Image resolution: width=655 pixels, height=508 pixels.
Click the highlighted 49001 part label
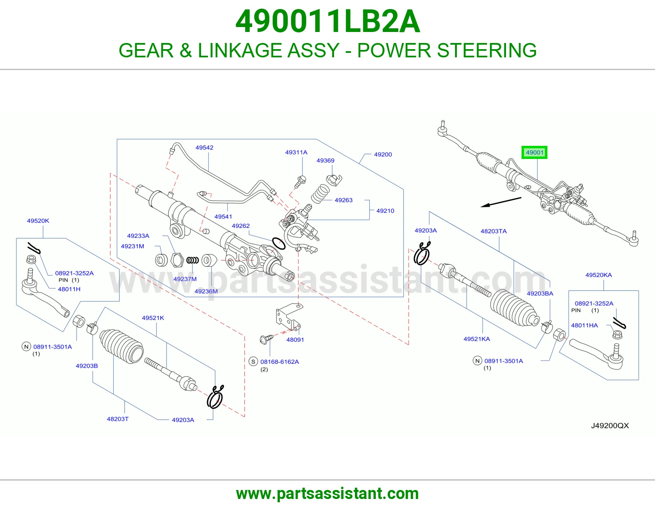click(534, 152)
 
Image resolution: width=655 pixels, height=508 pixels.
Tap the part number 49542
click(204, 147)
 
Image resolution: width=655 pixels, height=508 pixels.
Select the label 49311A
click(296, 152)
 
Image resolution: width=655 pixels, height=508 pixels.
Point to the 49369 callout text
click(325, 161)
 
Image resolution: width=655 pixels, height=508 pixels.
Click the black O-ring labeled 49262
click(278, 243)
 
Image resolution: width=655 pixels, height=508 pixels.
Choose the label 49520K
click(38, 220)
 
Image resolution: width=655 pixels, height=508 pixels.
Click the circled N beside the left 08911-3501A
click(26, 347)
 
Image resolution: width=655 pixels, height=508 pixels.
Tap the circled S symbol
click(253, 361)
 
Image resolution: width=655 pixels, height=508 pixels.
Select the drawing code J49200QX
click(610, 426)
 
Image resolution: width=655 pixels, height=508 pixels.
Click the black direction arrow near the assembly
click(501, 202)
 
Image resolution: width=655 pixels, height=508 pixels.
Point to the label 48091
click(295, 340)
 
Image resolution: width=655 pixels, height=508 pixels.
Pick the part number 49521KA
click(477, 339)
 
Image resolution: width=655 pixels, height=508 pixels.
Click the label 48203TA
click(493, 231)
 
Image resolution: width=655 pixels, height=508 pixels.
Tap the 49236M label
click(206, 291)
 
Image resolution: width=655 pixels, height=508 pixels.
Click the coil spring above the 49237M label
click(192, 260)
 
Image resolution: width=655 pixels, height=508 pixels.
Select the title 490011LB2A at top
click(327, 22)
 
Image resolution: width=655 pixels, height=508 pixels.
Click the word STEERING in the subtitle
click(487, 50)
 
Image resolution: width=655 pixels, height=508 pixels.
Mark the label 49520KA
click(599, 275)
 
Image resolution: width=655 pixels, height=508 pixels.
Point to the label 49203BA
click(540, 293)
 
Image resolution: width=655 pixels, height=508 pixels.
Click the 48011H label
click(69, 289)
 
